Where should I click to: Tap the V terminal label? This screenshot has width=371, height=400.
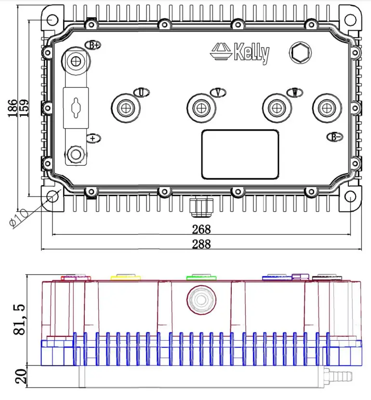tap(218, 92)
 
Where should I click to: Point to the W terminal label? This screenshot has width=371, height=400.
tap(293, 92)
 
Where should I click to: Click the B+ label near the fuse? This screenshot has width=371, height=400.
tap(93, 45)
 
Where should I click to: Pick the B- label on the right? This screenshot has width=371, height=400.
tap(335, 137)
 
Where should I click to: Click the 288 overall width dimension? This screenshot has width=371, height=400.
tap(201, 244)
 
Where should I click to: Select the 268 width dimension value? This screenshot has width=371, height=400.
tap(201, 229)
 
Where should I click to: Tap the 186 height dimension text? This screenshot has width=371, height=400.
tap(13, 108)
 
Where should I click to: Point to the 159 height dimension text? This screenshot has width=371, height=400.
tap(24, 108)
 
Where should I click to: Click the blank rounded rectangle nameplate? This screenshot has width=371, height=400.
tap(240, 154)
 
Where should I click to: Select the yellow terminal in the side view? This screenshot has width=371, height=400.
tap(125, 278)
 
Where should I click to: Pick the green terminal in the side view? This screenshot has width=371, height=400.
tap(201, 277)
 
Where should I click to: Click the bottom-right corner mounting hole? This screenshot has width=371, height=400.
tap(350, 197)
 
